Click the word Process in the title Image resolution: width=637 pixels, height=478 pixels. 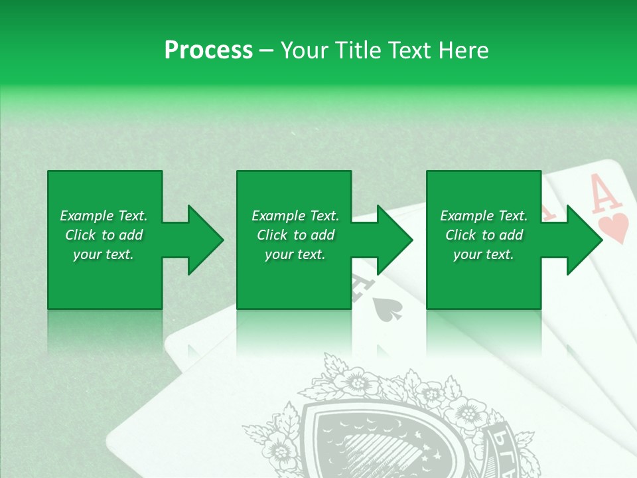click(208, 50)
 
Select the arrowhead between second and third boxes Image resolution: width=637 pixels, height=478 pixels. click(393, 240)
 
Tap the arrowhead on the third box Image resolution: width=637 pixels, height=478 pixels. click(583, 240)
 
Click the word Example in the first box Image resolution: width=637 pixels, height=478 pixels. click(86, 216)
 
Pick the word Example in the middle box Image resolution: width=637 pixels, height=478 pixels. click(277, 216)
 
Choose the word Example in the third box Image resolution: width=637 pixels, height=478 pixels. click(466, 216)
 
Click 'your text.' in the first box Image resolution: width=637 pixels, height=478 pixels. click(104, 254)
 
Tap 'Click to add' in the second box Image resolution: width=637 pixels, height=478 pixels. click(296, 235)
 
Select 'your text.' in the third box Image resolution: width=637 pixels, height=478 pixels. click(484, 254)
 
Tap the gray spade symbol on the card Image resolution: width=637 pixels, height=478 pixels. click(386, 307)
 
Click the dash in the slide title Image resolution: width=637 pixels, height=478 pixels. click(267, 50)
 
